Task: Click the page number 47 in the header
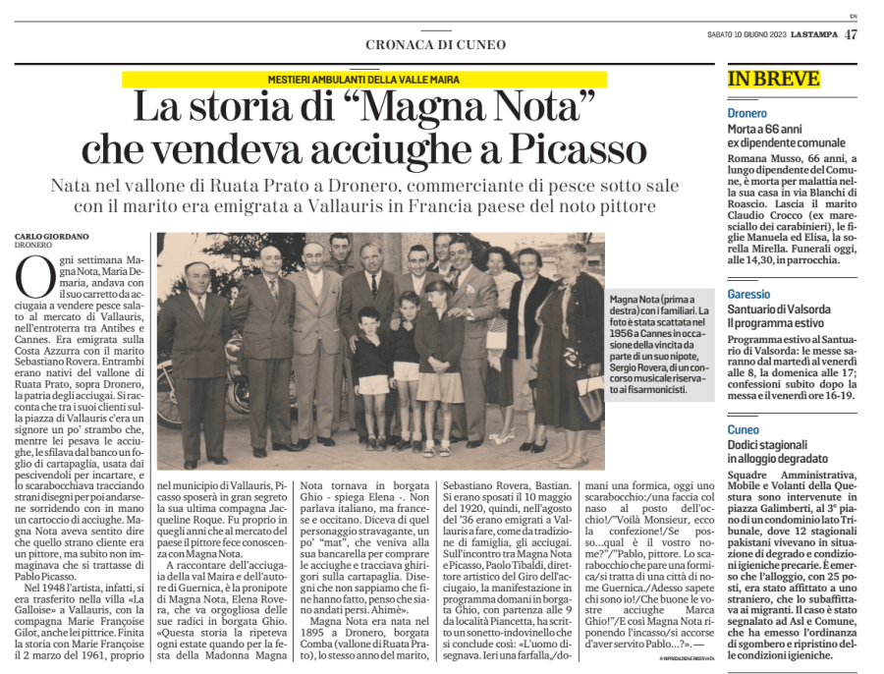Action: coord(851,35)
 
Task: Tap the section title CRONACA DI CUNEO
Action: coord(435,44)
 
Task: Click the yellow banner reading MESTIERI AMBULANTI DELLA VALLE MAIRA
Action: coord(363,80)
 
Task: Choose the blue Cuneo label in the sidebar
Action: coord(744,430)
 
